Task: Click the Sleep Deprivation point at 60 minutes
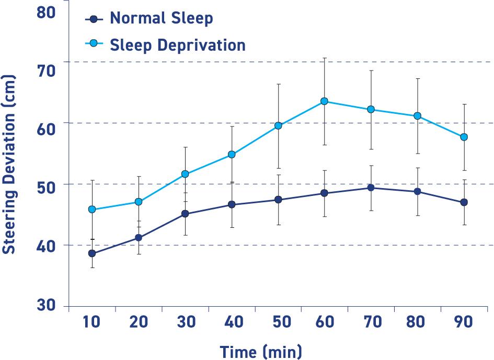324,101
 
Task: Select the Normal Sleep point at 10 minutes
92,253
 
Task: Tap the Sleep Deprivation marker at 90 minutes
464,137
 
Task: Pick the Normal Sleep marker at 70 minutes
371,188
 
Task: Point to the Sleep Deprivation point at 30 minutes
185,174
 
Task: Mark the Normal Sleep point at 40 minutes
232,205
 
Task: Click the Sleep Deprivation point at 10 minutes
92,210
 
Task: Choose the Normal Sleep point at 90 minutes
464,202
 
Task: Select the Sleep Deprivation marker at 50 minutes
278,126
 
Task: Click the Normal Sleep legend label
161,19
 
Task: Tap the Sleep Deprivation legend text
177,45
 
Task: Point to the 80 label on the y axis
47,11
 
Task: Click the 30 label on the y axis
47,305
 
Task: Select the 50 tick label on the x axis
282,322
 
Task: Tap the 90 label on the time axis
463,322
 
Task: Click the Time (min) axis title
260,351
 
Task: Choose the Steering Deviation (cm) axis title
9,164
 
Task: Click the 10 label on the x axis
91,322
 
